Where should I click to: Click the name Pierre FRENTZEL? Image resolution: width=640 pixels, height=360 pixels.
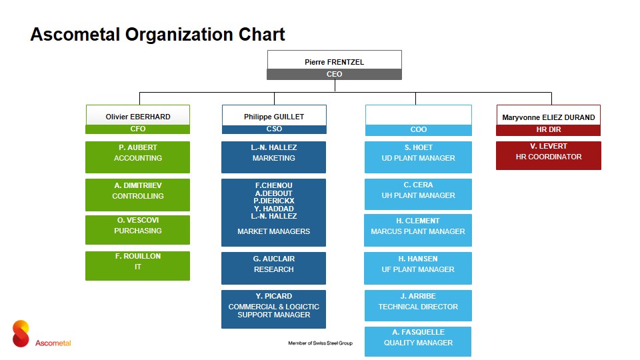(x=334, y=62)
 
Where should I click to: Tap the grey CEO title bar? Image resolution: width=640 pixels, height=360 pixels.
(x=334, y=74)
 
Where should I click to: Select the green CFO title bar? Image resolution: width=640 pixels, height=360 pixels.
(x=137, y=129)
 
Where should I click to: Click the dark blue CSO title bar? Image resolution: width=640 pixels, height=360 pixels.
(x=274, y=129)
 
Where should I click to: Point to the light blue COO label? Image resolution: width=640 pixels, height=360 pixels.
(x=419, y=129)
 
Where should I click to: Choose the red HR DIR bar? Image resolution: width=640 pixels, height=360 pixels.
(x=548, y=130)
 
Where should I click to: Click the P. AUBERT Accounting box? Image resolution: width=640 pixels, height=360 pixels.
(x=137, y=157)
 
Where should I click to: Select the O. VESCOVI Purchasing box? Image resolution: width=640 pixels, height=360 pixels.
(x=137, y=230)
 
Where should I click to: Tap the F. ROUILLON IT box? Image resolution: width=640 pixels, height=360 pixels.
(x=137, y=266)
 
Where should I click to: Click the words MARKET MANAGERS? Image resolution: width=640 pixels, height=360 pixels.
(x=274, y=231)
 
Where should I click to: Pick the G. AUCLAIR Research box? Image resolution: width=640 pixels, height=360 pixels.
(x=273, y=268)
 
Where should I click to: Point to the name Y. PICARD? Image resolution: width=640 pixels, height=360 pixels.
(x=274, y=296)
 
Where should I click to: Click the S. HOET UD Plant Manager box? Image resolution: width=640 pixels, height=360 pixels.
(x=418, y=157)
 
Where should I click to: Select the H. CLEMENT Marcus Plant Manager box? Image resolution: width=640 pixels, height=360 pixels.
(x=418, y=230)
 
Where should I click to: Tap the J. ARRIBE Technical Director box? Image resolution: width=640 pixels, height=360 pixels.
(x=418, y=306)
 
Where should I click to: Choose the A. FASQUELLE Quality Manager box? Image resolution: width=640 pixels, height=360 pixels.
(x=418, y=341)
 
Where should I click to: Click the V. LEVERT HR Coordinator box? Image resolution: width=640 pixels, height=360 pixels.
(x=549, y=155)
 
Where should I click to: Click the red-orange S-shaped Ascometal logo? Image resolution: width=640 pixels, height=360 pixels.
(x=21, y=333)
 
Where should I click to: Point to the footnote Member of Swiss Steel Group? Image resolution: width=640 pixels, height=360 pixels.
(x=321, y=343)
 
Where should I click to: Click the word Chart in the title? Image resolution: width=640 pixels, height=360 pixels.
(x=261, y=34)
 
